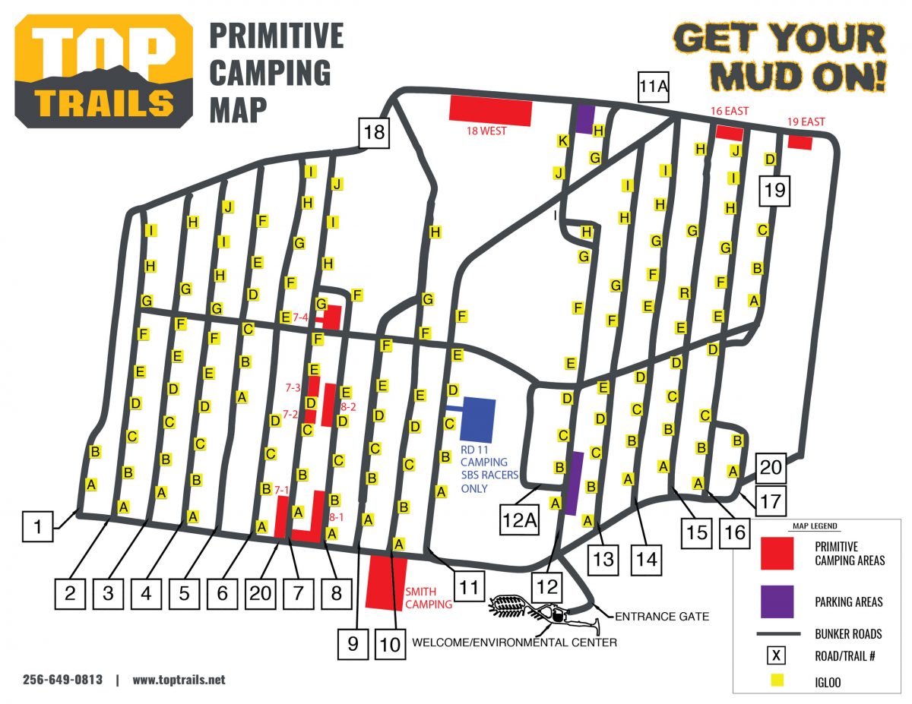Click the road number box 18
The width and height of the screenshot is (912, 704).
click(374, 132)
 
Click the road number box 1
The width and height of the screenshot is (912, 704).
click(37, 526)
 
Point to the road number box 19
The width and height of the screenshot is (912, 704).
click(774, 190)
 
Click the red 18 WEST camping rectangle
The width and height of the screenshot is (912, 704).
click(490, 109)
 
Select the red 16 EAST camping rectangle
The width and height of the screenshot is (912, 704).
click(730, 132)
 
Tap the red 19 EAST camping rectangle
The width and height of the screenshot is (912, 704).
click(800, 142)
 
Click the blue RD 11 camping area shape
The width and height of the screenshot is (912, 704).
click(477, 418)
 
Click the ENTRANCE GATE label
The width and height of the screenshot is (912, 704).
click(660, 616)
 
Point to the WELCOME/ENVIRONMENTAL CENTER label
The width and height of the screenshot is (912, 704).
click(514, 642)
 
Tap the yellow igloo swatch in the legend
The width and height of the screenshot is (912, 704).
click(777, 682)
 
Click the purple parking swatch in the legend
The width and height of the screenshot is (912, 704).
click(777, 601)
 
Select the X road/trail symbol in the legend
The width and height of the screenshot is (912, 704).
click(777, 655)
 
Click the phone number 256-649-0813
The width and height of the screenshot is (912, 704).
click(62, 680)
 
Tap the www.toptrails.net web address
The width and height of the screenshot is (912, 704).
click(179, 680)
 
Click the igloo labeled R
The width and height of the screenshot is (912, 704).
click(685, 292)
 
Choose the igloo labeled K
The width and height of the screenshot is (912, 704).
click(562, 140)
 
